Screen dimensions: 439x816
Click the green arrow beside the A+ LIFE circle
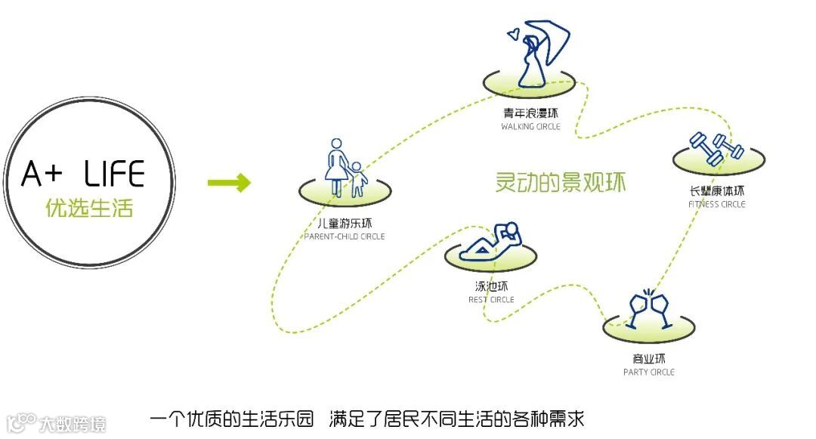click(229, 182)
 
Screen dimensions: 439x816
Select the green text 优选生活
click(89, 208)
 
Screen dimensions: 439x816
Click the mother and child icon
click(344, 169)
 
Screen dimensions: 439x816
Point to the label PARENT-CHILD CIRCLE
click(345, 237)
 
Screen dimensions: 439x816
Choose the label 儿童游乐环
click(345, 224)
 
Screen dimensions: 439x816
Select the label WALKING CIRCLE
click(530, 127)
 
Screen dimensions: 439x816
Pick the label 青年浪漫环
click(530, 114)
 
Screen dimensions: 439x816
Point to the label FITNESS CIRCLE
click(717, 204)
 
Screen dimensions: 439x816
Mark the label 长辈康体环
click(717, 191)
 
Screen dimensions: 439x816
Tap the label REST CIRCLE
click(491, 299)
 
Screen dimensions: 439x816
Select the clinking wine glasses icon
click(649, 308)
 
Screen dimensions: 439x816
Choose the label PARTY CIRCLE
click(649, 372)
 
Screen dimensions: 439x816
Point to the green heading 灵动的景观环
click(561, 184)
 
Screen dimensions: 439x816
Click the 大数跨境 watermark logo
click(57, 422)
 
